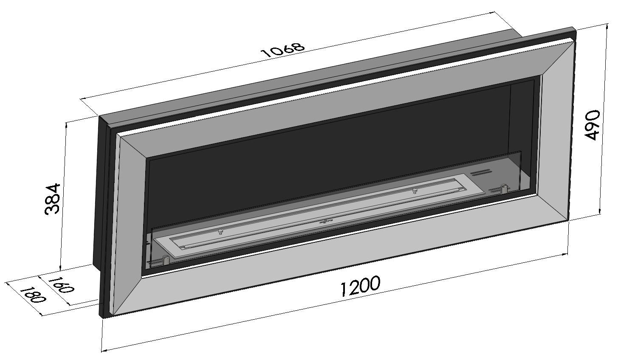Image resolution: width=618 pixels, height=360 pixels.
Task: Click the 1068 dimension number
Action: point(283,50)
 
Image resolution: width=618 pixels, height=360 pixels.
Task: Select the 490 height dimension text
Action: point(592,125)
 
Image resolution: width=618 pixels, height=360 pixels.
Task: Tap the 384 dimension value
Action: point(53,199)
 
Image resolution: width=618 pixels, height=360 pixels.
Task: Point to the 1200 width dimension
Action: point(360,286)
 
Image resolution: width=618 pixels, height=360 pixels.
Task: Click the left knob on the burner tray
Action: point(220,231)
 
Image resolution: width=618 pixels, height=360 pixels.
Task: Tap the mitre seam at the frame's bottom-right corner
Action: point(552,208)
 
